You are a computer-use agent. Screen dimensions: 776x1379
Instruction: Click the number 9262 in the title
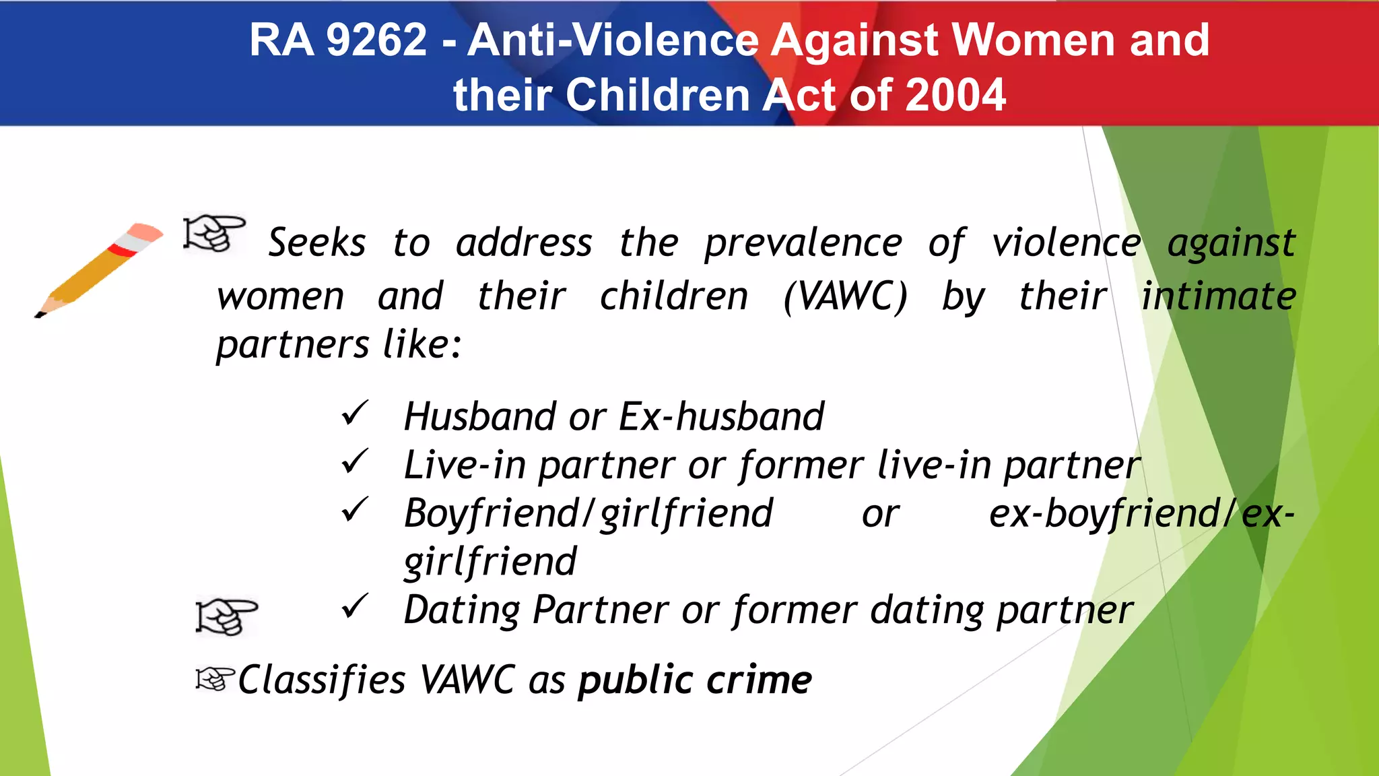(x=376, y=40)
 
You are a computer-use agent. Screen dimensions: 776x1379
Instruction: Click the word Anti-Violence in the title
(x=613, y=40)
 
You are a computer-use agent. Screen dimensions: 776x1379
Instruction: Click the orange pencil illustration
(x=98, y=269)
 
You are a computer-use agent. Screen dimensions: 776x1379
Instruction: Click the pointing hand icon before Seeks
(x=214, y=234)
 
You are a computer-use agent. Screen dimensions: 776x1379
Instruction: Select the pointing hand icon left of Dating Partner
(x=226, y=616)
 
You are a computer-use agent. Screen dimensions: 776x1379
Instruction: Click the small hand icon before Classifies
(x=215, y=678)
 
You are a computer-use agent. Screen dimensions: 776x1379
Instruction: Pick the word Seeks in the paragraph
(x=317, y=243)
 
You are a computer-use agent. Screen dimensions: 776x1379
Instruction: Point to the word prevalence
(x=803, y=243)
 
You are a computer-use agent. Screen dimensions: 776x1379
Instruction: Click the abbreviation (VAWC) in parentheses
(x=845, y=296)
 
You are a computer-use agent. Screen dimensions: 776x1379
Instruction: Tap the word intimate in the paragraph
(x=1218, y=296)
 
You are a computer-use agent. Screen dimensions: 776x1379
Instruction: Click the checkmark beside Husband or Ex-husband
(x=354, y=414)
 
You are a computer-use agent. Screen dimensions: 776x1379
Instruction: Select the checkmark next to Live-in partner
(x=354, y=462)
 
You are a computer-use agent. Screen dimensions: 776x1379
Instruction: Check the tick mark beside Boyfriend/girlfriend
(x=354, y=510)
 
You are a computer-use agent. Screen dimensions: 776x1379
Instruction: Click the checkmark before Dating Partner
(x=354, y=607)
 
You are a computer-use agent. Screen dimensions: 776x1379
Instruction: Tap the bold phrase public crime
(x=695, y=680)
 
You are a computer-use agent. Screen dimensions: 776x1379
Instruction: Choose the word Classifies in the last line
(x=322, y=680)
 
